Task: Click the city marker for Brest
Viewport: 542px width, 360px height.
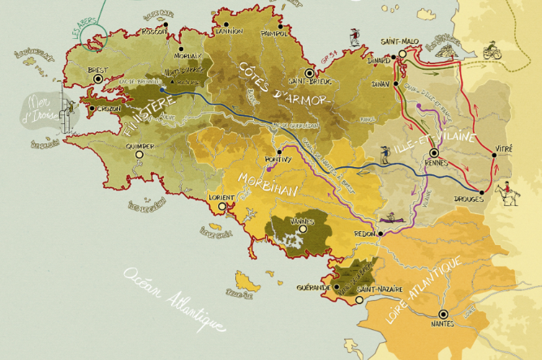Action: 99,79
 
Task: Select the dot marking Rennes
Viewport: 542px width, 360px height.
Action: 434,152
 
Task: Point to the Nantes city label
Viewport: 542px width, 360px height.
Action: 443,324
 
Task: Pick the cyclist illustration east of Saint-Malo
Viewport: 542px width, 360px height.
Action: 492,51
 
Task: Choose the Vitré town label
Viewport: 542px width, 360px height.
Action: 505,150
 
